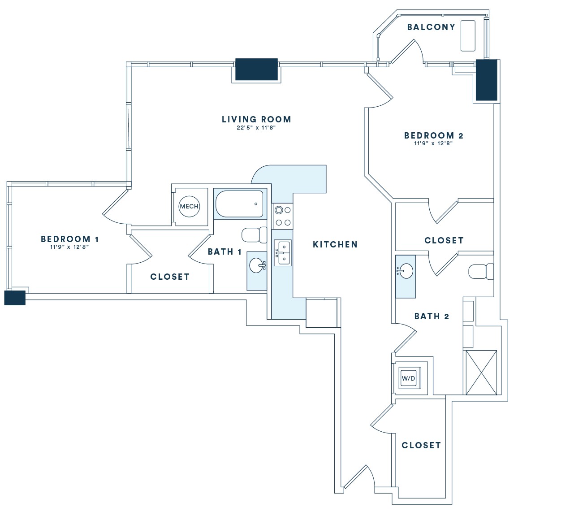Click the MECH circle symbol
[x=189, y=206]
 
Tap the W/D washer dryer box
[x=408, y=378]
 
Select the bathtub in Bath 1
[x=240, y=204]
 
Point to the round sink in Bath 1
[x=257, y=265]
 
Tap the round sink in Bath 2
[x=406, y=271]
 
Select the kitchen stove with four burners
[x=283, y=216]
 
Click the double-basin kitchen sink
[x=283, y=253]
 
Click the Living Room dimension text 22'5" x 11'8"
[x=256, y=128]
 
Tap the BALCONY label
[x=431, y=27]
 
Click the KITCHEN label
[x=335, y=244]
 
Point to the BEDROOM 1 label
[x=69, y=239]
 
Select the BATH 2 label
[x=432, y=316]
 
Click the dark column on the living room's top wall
[x=256, y=69]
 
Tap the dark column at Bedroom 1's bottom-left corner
[x=15, y=298]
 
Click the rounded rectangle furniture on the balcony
[x=468, y=35]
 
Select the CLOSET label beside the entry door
[x=421, y=445]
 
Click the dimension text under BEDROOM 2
[x=433, y=144]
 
